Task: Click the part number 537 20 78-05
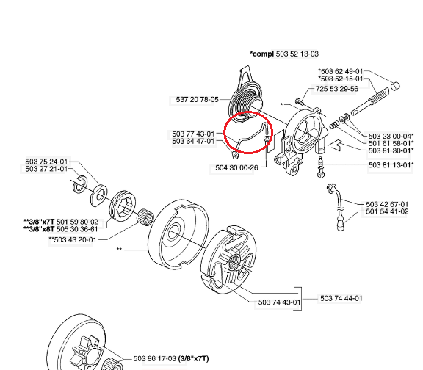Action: (x=197, y=100)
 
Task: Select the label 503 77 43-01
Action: (x=193, y=134)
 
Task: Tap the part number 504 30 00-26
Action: (x=236, y=168)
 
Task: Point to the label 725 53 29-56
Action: (x=337, y=89)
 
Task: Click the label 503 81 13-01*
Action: (x=391, y=164)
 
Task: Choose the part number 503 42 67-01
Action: (x=387, y=204)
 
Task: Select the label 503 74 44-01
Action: (x=341, y=299)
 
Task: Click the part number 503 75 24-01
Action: (x=46, y=162)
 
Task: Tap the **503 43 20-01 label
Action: (x=73, y=240)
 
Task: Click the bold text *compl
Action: (x=261, y=54)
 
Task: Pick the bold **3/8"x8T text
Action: (x=39, y=229)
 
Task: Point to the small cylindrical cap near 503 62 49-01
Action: (x=395, y=87)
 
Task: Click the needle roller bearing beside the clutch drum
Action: (x=145, y=217)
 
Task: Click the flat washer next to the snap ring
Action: (x=98, y=196)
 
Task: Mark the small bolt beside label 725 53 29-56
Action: (x=300, y=101)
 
